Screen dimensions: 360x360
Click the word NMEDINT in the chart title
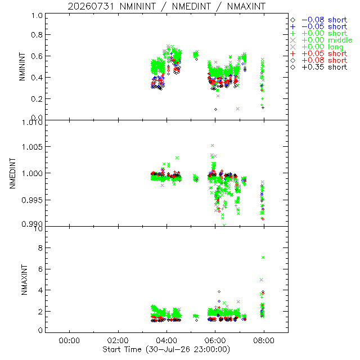coord(191,6)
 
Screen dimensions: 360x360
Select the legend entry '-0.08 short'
coord(319,20)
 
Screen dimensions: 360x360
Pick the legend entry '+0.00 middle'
coord(321,40)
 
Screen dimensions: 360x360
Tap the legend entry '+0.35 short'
coord(319,67)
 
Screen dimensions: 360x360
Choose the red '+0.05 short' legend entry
coord(319,54)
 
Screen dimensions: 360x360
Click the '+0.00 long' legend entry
coord(317,47)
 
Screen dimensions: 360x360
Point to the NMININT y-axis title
coord(22,66)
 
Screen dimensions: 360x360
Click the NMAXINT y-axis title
coord(24,280)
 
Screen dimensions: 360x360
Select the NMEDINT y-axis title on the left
coord(12,173)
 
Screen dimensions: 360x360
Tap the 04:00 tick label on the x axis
coord(166,340)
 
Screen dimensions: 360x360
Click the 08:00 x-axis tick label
coord(264,340)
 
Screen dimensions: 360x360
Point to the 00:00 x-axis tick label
coord(69,340)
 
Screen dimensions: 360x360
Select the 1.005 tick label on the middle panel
coord(32,147)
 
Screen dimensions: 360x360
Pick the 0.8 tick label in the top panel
coord(37,35)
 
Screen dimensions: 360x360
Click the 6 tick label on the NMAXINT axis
coord(40,269)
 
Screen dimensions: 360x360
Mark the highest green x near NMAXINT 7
coord(263,258)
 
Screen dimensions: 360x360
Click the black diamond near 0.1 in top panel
coord(215,110)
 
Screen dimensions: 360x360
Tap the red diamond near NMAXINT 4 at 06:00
coord(219,291)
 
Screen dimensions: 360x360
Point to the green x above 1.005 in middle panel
coord(213,145)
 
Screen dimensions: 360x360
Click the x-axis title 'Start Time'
coord(121,349)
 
